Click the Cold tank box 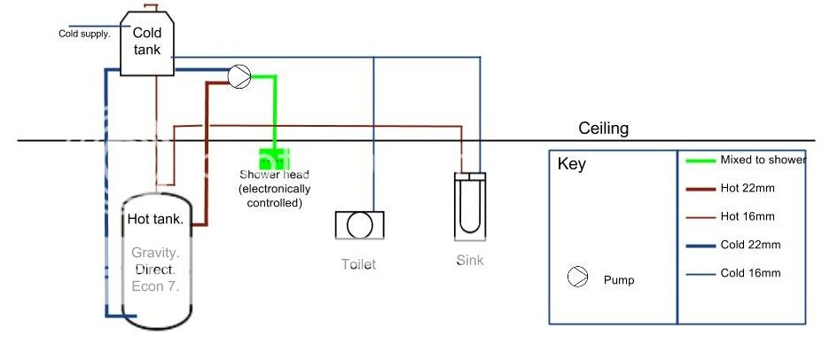147,43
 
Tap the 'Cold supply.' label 85,35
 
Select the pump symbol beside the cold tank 239,77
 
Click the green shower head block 274,160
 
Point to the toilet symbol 359,225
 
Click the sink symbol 470,206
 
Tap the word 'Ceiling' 603,129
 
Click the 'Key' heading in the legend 571,165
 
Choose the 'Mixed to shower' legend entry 763,160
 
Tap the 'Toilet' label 359,264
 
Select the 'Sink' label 469,261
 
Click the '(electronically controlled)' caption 273,196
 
